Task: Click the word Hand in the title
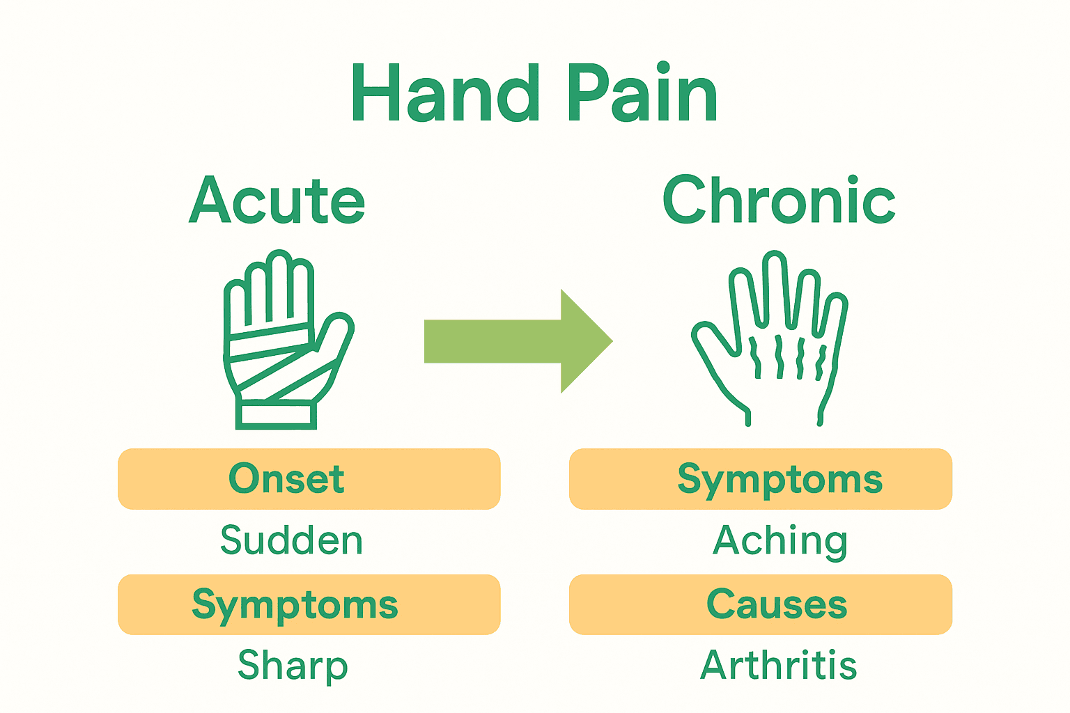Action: pyautogui.click(x=446, y=94)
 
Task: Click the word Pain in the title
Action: pyautogui.click(x=642, y=94)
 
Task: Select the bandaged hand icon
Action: pyautogui.click(x=286, y=341)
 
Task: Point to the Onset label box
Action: pyautogui.click(x=309, y=479)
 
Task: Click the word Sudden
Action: pyautogui.click(x=292, y=540)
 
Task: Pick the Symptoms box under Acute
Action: pyautogui.click(x=309, y=604)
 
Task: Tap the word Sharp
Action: pyautogui.click(x=293, y=666)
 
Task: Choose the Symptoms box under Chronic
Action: pyautogui.click(x=761, y=479)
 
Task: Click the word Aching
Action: pyautogui.click(x=780, y=540)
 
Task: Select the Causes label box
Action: pyautogui.click(x=761, y=604)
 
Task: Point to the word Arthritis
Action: pyautogui.click(x=778, y=666)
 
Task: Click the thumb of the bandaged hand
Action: pyautogui.click(x=336, y=331)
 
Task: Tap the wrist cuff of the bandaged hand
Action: pyautogui.click(x=276, y=414)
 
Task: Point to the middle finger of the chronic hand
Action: pyautogui.click(x=775, y=285)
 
